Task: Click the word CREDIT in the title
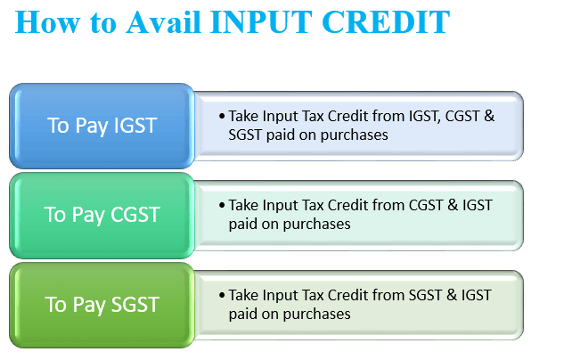tap(386, 22)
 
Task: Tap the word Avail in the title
tap(163, 22)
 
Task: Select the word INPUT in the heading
tap(261, 22)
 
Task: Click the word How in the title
tap(47, 22)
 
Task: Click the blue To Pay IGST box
tap(102, 126)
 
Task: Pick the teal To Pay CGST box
tap(102, 216)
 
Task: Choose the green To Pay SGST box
tap(102, 306)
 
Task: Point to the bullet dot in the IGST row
tap(222, 116)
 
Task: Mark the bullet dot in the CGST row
tap(222, 205)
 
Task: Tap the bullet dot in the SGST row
tap(222, 295)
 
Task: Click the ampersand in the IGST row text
tap(489, 116)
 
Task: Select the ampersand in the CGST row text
tap(453, 205)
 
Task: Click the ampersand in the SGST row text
tap(452, 295)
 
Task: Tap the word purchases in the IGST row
tap(355, 135)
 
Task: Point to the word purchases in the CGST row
tap(316, 225)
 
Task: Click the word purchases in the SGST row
tap(316, 315)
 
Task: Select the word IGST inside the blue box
tap(135, 126)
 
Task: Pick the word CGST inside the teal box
tap(135, 215)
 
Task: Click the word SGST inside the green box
tap(135, 305)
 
